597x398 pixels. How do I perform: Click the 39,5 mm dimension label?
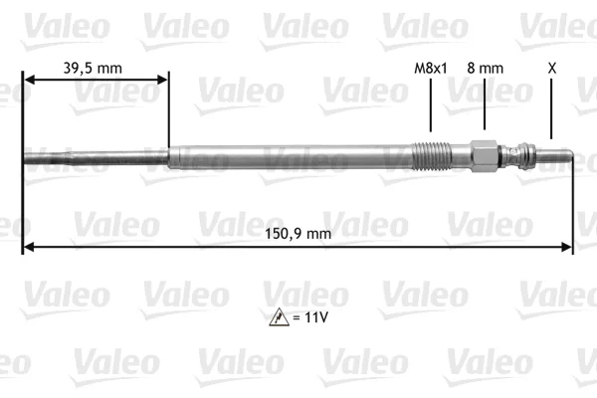pyautogui.click(x=93, y=69)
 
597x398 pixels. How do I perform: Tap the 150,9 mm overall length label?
pyautogui.click(x=298, y=234)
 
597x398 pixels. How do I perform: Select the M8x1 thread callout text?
pyautogui.click(x=431, y=69)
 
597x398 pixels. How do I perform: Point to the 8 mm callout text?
pyautogui.click(x=486, y=69)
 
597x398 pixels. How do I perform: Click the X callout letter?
pyautogui.click(x=551, y=69)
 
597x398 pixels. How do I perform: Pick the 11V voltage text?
pyautogui.click(x=316, y=317)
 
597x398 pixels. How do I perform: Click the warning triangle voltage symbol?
pyautogui.click(x=279, y=316)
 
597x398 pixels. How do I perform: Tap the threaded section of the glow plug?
pyautogui.click(x=432, y=155)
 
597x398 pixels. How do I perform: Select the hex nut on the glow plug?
pyautogui.click(x=484, y=156)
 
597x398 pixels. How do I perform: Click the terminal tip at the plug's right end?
pyautogui.click(x=554, y=156)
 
